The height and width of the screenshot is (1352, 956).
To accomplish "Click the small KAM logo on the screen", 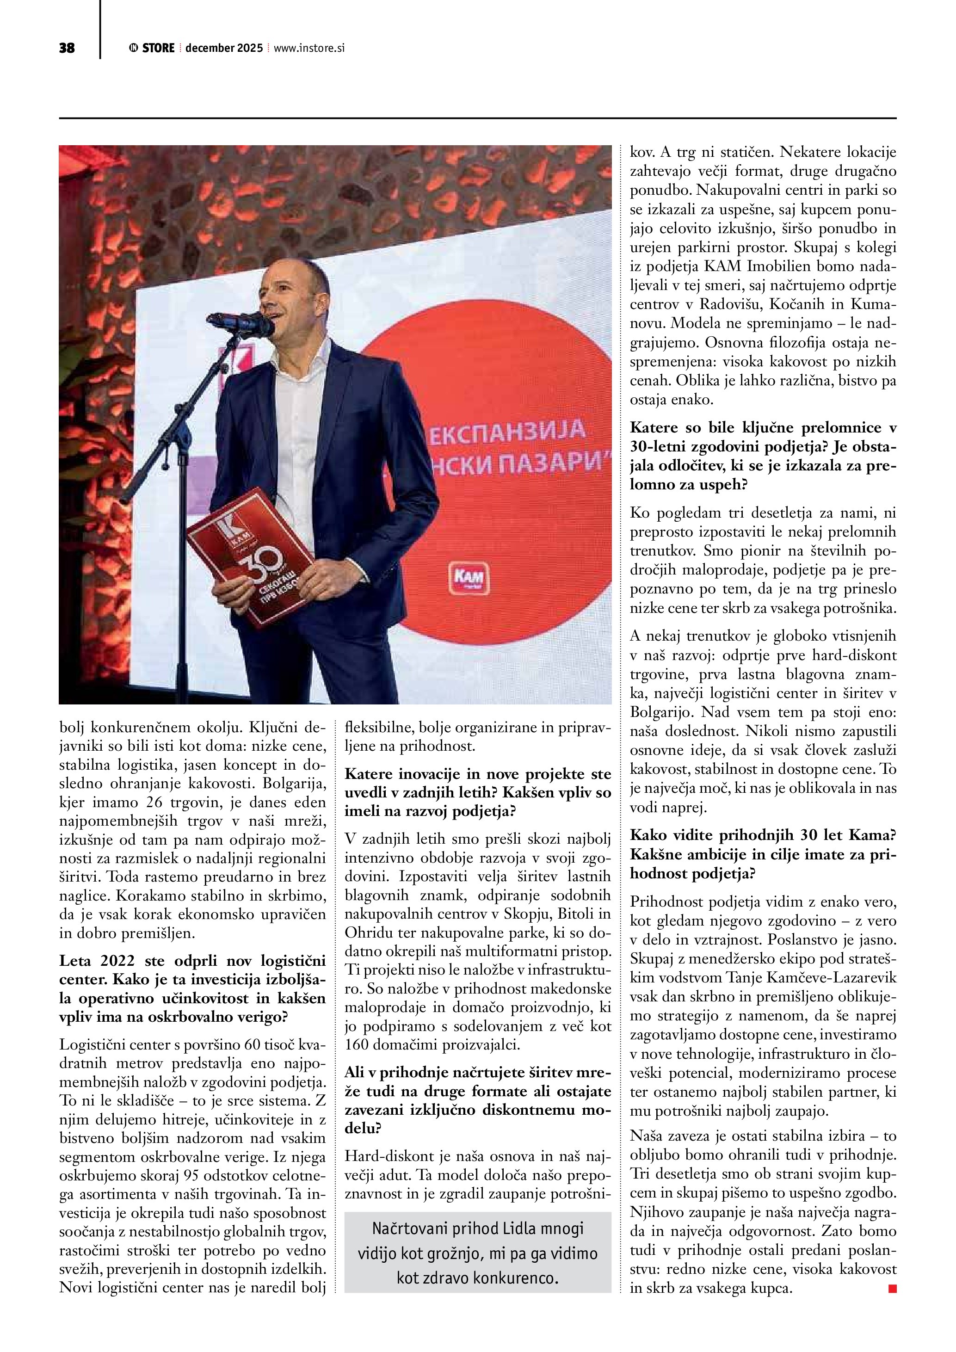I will [469, 578].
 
